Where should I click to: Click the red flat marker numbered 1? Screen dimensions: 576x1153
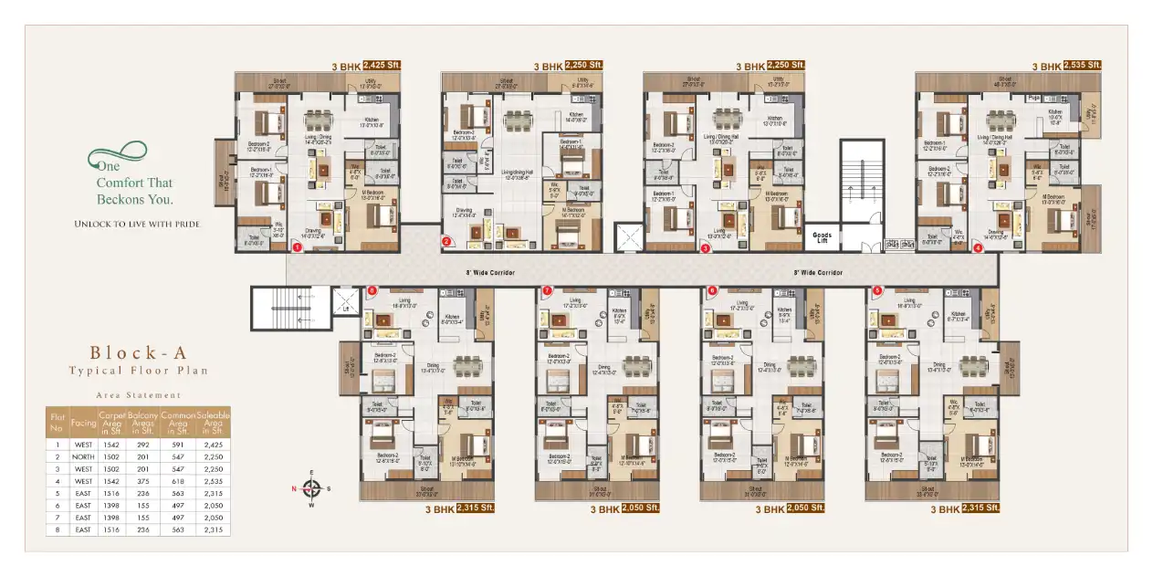click(x=297, y=246)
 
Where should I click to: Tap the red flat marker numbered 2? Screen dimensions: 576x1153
click(x=447, y=242)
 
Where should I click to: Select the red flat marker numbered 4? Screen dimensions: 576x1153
click(x=978, y=246)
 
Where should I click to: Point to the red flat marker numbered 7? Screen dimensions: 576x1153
click(x=547, y=291)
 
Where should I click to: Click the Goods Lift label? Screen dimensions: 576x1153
click(x=822, y=237)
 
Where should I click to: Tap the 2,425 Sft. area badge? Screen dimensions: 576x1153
click(x=382, y=66)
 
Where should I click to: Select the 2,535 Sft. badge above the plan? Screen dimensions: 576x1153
click(x=1084, y=66)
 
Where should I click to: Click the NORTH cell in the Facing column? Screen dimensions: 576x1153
click(x=83, y=456)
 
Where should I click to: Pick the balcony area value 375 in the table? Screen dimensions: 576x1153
click(x=143, y=480)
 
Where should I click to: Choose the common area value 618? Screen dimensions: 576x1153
click(x=178, y=480)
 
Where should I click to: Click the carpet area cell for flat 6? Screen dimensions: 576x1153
click(x=113, y=505)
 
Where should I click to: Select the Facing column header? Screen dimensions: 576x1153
click(x=83, y=423)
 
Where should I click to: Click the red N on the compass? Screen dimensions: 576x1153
click(x=295, y=488)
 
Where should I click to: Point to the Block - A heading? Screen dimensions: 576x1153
click(x=138, y=352)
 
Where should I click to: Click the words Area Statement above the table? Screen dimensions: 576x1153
click(x=138, y=395)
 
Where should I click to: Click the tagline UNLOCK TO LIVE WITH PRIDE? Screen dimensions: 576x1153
click(x=137, y=224)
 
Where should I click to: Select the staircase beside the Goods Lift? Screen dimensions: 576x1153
click(x=862, y=183)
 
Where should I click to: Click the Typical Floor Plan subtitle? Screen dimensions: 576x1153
click(x=138, y=371)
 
